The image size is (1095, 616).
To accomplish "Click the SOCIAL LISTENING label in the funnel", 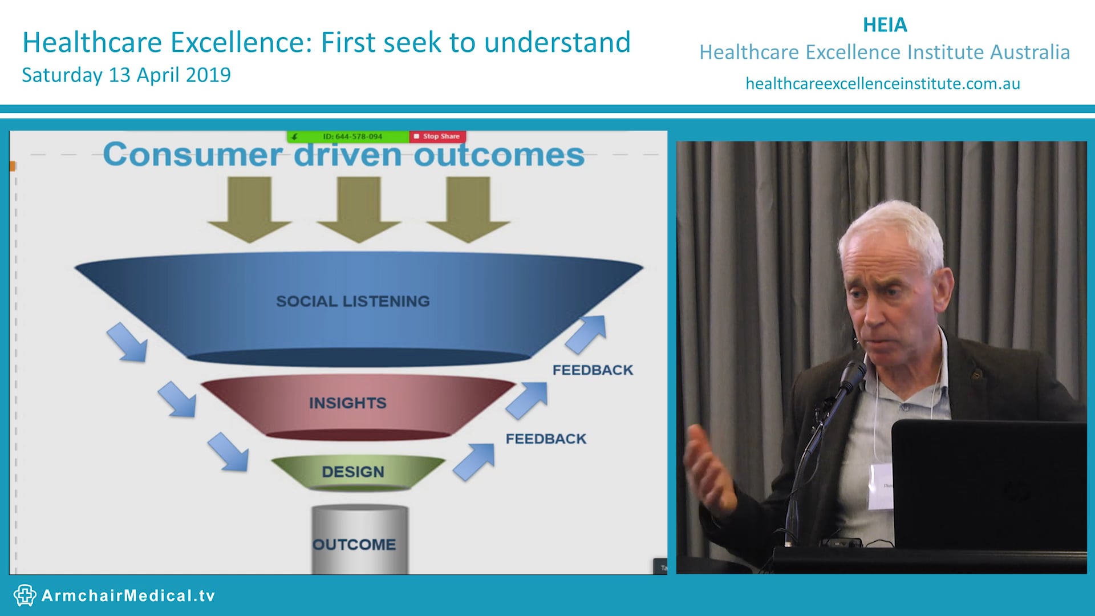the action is tap(353, 301).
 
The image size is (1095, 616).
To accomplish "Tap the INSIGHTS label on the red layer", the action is tap(348, 403).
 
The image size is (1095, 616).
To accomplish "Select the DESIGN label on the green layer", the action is tap(353, 472).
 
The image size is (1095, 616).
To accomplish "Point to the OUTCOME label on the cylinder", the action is tap(354, 545).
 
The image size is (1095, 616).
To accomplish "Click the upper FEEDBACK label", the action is tap(593, 370).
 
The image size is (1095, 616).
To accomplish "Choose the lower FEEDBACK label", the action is tap(546, 439).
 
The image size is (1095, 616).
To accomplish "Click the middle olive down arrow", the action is tap(359, 209).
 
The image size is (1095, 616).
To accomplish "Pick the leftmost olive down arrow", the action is tap(249, 209).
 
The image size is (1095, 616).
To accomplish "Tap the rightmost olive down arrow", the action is tap(468, 209).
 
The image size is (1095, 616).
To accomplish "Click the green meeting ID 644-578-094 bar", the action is tap(348, 136).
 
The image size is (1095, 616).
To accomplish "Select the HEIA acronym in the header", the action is tap(885, 25).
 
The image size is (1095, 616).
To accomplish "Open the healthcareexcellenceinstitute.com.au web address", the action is tap(883, 84).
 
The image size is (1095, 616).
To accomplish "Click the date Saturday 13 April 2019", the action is tap(126, 75).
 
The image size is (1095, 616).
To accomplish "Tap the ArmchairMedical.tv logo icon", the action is tap(25, 595).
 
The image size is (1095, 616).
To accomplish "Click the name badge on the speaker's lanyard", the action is tap(881, 486).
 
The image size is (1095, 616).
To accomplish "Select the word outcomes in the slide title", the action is tap(499, 155).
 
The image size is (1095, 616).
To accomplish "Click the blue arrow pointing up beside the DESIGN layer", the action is tap(474, 461).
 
